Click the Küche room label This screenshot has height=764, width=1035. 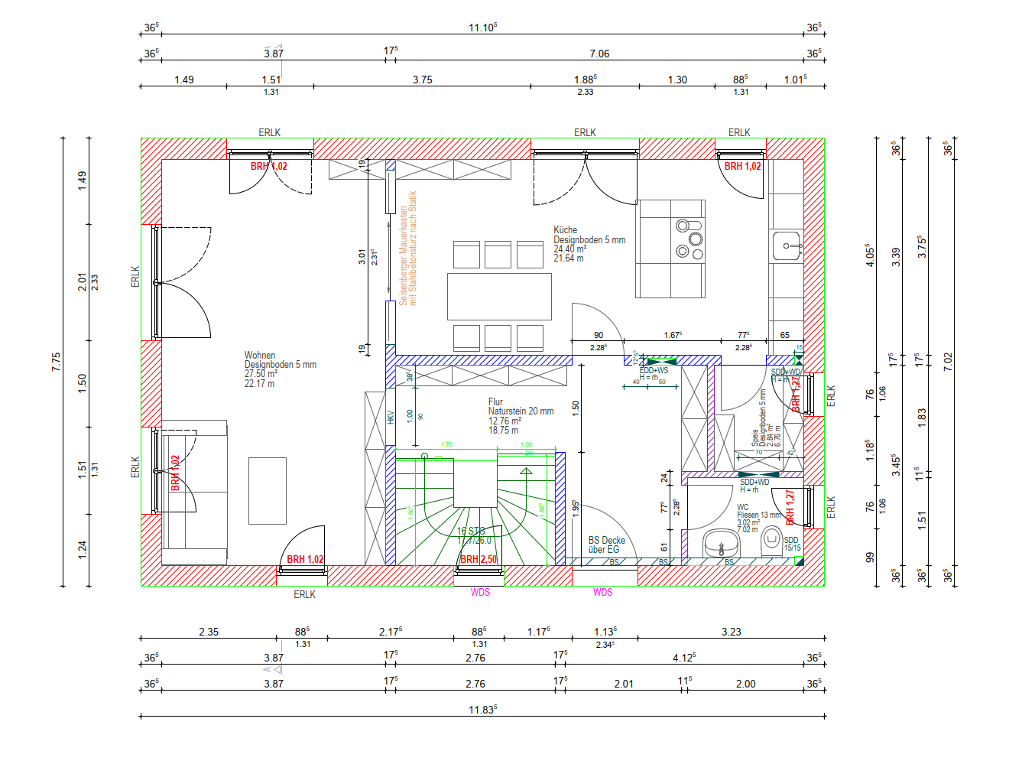tap(565, 229)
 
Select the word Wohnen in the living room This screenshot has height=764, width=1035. tap(260, 355)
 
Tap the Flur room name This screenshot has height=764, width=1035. tap(495, 402)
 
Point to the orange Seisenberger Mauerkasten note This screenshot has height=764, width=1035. tap(407, 248)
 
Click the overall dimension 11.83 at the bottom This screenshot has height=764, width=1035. tap(482, 710)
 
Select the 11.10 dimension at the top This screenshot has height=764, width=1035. tap(482, 28)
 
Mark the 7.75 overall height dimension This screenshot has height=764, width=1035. tap(56, 362)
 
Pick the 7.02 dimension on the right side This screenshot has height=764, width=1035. tap(948, 362)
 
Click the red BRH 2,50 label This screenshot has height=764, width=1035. tap(479, 559)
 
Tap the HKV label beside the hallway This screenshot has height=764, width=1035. tap(391, 417)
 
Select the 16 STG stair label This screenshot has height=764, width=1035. tap(471, 531)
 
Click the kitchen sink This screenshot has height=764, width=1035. tap(787, 246)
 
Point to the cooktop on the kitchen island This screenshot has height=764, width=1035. tap(689, 239)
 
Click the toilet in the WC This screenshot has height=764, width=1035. tap(771, 542)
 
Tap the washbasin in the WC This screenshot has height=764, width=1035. tap(720, 545)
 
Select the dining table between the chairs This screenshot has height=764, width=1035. tap(499, 296)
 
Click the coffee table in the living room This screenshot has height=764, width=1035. tap(268, 490)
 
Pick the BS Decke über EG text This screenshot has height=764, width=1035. tap(606, 545)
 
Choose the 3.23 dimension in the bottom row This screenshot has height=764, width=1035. tap(731, 632)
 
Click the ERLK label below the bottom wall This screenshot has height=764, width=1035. tap(304, 594)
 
